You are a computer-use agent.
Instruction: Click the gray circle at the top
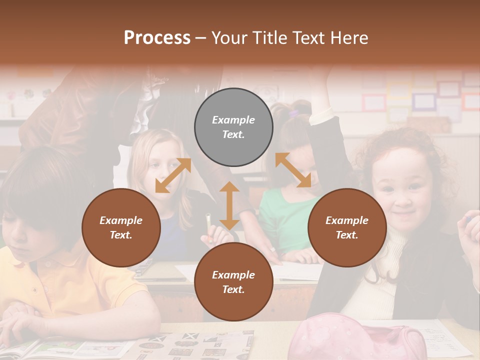click(233, 127)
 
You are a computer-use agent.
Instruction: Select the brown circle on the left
click(121, 227)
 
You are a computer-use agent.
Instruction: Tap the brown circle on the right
click(347, 227)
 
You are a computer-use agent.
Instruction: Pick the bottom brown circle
click(233, 282)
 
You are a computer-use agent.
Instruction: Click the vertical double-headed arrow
click(229, 205)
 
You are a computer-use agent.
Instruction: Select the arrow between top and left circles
click(173, 175)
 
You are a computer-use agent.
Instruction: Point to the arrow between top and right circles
click(293, 170)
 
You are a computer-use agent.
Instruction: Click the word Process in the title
click(157, 37)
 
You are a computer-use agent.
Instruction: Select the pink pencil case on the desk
click(360, 337)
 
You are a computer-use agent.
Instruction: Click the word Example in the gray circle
click(233, 120)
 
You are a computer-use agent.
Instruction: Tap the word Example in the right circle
click(347, 220)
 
